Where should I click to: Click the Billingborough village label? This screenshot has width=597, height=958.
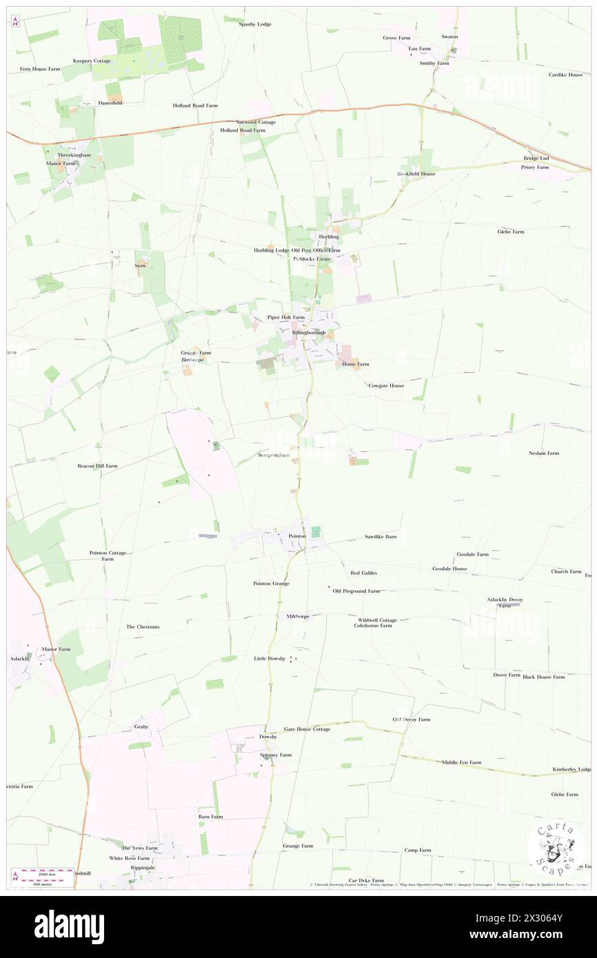tap(308, 332)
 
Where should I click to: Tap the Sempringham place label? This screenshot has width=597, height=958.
tap(273, 455)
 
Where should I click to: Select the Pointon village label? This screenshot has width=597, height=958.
tap(296, 536)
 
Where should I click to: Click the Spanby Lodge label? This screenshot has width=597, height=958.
tap(255, 24)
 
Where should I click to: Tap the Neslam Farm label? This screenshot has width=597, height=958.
tap(544, 453)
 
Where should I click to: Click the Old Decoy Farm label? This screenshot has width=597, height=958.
tap(411, 720)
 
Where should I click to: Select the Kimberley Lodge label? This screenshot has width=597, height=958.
tap(573, 769)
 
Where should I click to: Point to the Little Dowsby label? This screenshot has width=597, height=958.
tap(269, 659)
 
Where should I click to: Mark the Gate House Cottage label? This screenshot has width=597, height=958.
tap(307, 728)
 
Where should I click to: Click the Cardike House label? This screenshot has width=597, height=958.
tap(565, 74)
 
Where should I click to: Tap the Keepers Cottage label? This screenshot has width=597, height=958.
tap(92, 61)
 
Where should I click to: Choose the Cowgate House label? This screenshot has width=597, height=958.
tap(386, 385)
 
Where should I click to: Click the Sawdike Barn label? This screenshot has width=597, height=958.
tap(381, 536)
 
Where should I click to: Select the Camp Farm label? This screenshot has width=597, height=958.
tap(417, 850)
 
